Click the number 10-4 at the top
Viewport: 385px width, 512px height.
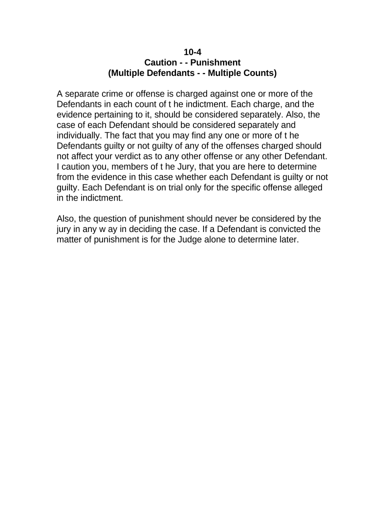[192, 51]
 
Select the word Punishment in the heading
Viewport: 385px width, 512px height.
[215, 62]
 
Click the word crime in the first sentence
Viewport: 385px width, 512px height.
[114, 94]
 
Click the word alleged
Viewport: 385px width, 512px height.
[308, 188]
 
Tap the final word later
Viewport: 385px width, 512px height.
[288, 240]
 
